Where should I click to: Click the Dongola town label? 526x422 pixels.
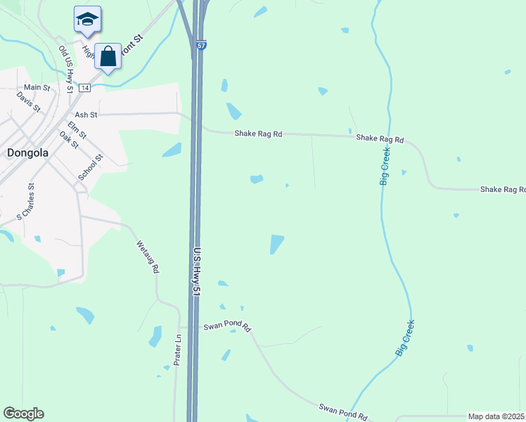click(x=28, y=152)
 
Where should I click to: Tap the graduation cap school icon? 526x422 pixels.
click(x=87, y=20)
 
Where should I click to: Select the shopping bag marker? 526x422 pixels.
click(x=108, y=56)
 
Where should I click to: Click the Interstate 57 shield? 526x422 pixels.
click(x=202, y=46)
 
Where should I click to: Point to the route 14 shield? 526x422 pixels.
click(x=84, y=87)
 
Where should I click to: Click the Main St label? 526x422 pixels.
click(x=37, y=88)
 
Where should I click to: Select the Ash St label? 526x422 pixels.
click(x=85, y=114)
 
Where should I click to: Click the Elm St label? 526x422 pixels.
click(x=77, y=129)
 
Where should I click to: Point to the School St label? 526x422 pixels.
click(x=91, y=167)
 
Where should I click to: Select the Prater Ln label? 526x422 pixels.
click(x=178, y=350)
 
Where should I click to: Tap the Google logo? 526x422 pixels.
click(x=23, y=414)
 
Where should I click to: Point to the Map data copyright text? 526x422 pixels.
click(x=496, y=416)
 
